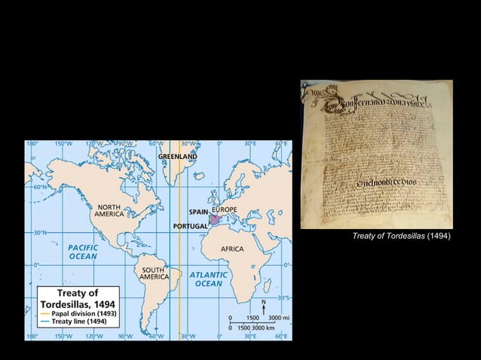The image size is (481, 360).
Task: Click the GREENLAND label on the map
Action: pos(178,156)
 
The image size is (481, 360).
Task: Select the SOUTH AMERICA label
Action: pos(153,273)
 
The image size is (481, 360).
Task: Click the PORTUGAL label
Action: pos(190,226)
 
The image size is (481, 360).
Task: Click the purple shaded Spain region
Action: pos(216,220)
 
